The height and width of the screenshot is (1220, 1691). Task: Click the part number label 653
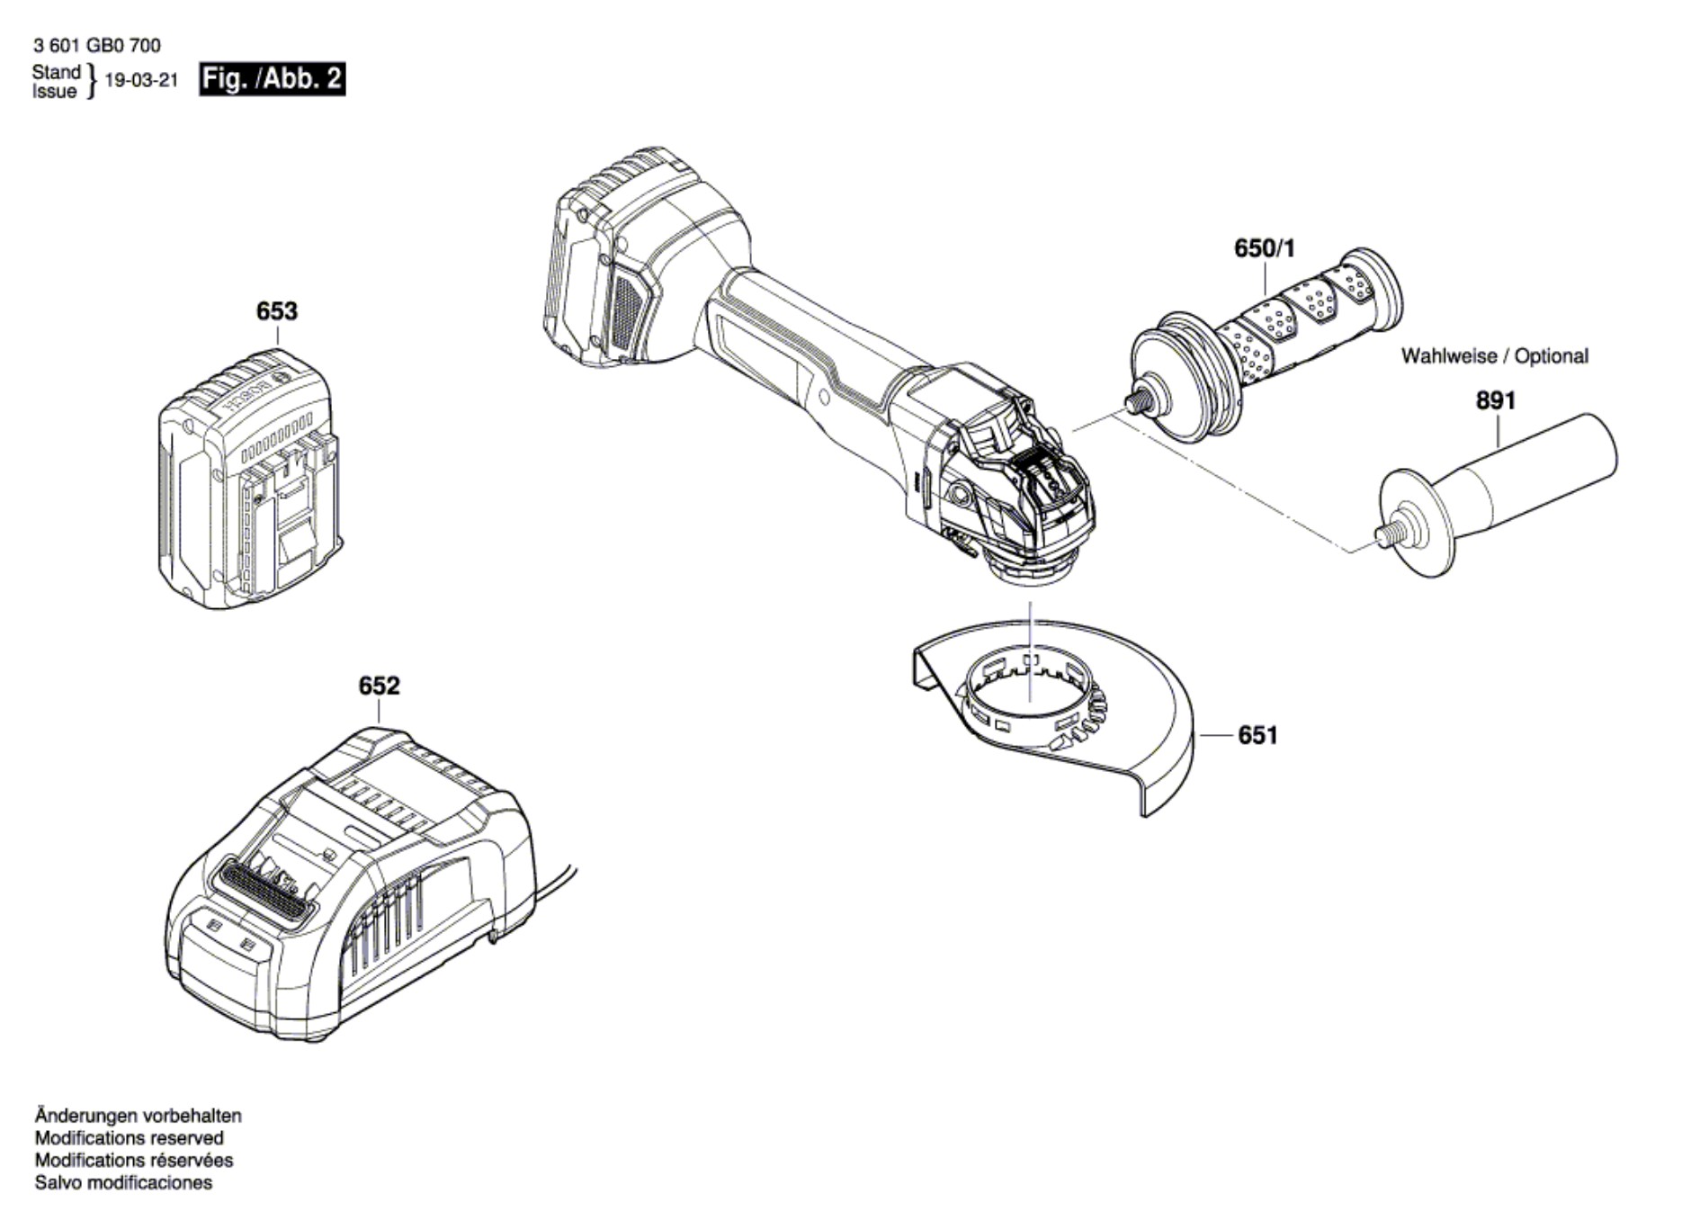276,311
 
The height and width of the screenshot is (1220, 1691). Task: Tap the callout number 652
379,686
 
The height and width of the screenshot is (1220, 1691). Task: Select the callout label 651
1257,735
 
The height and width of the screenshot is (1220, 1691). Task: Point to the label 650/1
1264,248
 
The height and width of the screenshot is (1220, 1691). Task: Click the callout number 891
1495,400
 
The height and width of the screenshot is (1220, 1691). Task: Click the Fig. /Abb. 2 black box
272,79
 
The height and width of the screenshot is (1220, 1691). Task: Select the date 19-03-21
141,80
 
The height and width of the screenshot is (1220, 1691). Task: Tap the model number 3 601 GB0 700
96,45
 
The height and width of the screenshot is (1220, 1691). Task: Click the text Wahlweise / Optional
1494,356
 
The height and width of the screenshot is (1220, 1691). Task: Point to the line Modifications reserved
129,1138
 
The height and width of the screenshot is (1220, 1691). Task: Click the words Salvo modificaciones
123,1183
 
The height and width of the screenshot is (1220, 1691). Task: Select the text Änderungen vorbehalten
138,1116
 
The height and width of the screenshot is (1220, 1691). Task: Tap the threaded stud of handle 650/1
1137,402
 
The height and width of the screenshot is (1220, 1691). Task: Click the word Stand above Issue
56,71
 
